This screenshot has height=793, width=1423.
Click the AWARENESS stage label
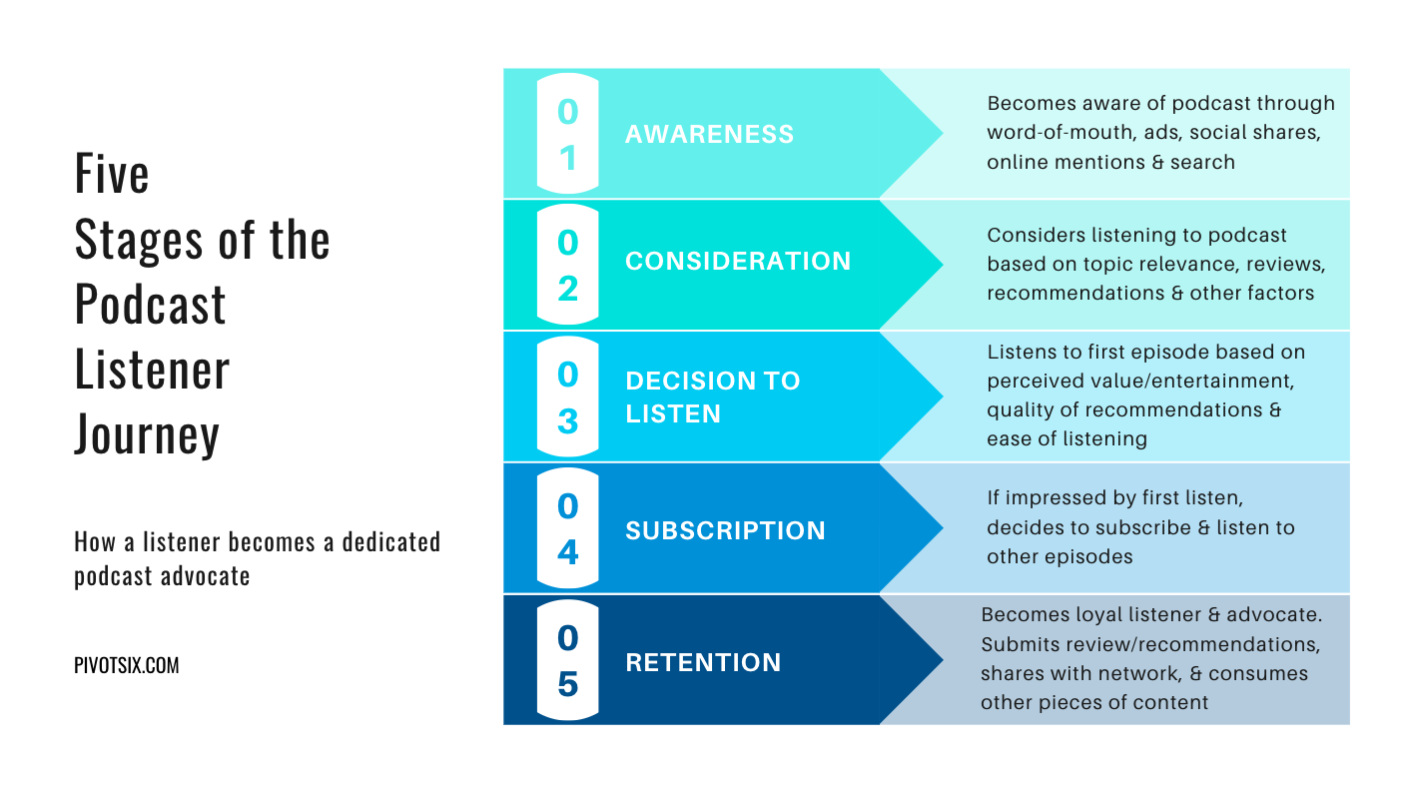tap(709, 134)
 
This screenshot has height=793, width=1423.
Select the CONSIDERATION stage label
tap(738, 261)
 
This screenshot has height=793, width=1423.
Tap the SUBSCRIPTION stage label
tap(725, 530)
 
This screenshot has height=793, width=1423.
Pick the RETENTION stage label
tap(703, 663)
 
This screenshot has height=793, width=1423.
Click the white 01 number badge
tap(568, 134)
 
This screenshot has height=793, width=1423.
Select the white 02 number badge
tap(568, 265)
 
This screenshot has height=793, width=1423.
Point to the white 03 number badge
tap(568, 396)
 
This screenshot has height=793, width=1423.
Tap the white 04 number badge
tap(568, 528)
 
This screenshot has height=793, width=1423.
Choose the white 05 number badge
tap(568, 660)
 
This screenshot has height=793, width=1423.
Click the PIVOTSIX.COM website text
tap(127, 665)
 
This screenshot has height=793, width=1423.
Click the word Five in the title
tap(112, 173)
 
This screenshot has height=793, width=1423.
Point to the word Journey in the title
tap(147, 435)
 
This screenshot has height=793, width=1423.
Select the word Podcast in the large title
tap(150, 304)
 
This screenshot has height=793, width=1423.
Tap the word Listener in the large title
tap(152, 370)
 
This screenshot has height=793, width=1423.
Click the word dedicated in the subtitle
tap(391, 542)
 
